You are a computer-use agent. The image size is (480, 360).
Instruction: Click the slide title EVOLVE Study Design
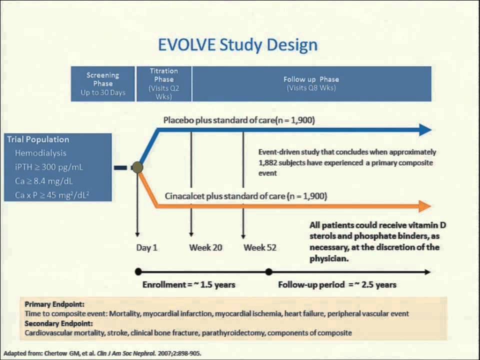pyautogui.click(x=237, y=44)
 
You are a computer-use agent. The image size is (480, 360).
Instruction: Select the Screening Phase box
pyautogui.click(x=103, y=83)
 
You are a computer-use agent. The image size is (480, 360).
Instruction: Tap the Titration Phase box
pyautogui.click(x=164, y=83)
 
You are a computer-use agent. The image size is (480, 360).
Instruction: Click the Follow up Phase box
pyautogui.click(x=311, y=83)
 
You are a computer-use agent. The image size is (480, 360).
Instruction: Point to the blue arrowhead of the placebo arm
pyautogui.click(x=424, y=130)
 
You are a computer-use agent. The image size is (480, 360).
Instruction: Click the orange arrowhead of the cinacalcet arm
pyautogui.click(x=424, y=206)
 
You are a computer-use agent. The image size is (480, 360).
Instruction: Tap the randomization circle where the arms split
pyautogui.click(x=137, y=167)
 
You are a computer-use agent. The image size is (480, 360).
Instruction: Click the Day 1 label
pyautogui.click(x=147, y=247)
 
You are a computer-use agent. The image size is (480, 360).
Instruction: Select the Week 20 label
pyautogui.click(x=205, y=247)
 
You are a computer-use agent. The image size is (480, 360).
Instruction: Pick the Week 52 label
pyautogui.click(x=260, y=247)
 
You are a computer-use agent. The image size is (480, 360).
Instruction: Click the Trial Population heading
pyautogui.click(x=38, y=139)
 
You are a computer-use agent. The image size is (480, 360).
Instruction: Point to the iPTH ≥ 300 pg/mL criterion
pyautogui.click(x=48, y=167)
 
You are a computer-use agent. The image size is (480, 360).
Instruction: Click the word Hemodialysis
pyautogui.click(x=40, y=153)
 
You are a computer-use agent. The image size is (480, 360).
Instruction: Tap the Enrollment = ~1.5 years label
pyautogui.click(x=189, y=284)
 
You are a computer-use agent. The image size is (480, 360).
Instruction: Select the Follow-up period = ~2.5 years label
pyautogui.click(x=337, y=284)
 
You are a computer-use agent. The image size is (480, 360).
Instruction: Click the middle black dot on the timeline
pyautogui.click(x=269, y=272)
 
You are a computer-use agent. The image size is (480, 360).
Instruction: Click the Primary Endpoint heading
pyautogui.click(x=54, y=304)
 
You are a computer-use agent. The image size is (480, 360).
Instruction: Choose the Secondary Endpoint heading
pyautogui.click(x=58, y=323)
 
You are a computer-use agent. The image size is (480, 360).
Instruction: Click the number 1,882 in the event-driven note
pyautogui.click(x=270, y=162)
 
